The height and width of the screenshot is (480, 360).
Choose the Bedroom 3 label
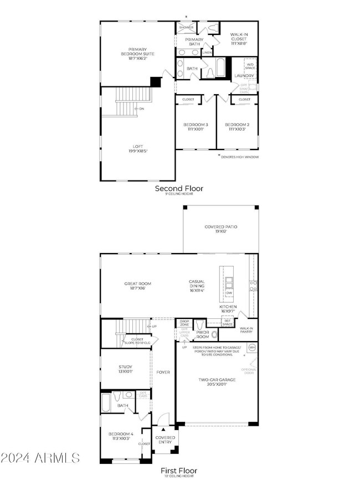pos(196,127)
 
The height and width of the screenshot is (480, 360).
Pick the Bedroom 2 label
pos(237,127)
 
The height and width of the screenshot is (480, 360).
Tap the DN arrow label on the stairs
pos(141,109)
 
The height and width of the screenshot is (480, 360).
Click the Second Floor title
pos(178,189)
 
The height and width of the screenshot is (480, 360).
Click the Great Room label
pos(137,286)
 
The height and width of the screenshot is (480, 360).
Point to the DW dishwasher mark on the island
pos(229,293)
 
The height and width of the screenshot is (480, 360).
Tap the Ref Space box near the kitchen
pos(228,322)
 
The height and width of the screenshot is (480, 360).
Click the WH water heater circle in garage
pos(252,347)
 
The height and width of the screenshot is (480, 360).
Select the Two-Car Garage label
pos(217,381)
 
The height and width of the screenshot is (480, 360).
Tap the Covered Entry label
pos(165,440)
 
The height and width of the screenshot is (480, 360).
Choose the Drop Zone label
pos(184,323)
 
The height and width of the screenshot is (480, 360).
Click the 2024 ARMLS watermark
pos(40,458)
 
